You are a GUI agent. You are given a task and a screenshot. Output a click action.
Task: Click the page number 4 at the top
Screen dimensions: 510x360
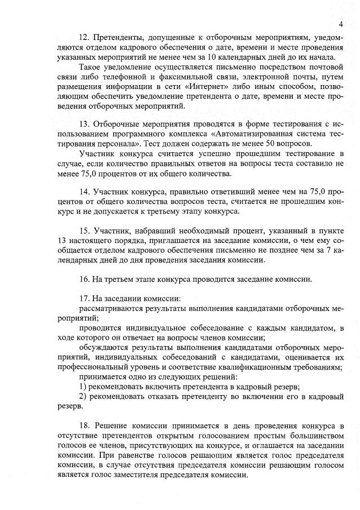(341, 24)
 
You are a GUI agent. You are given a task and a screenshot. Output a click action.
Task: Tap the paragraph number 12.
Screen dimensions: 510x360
(85, 37)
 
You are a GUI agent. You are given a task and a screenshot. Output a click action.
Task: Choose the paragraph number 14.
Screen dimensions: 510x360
(85, 191)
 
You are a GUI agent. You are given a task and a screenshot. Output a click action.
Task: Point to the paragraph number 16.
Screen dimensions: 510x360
(85, 278)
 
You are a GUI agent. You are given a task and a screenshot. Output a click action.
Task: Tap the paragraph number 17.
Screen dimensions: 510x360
(85, 299)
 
